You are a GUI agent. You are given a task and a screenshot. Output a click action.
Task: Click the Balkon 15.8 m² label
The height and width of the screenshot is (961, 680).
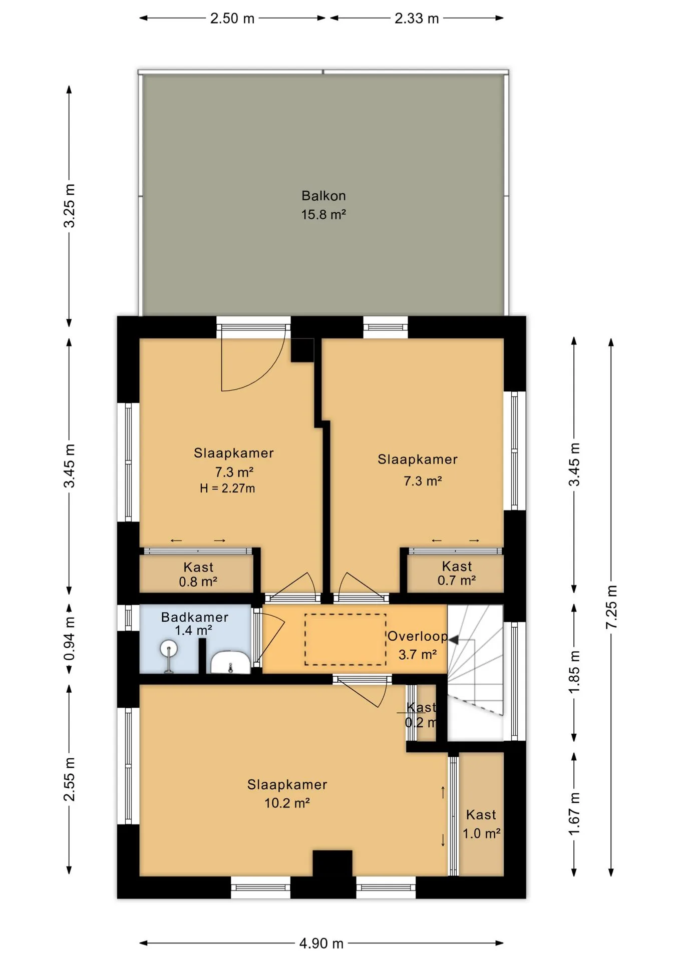(323, 205)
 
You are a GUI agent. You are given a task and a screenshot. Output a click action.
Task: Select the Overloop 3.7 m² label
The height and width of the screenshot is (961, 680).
(418, 645)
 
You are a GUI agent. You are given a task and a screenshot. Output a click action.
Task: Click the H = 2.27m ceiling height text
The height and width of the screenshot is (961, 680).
(227, 489)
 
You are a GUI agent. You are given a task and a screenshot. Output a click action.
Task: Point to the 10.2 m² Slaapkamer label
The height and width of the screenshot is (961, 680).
(287, 794)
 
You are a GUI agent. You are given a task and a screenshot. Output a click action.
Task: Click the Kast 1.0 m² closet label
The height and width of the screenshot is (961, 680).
(481, 824)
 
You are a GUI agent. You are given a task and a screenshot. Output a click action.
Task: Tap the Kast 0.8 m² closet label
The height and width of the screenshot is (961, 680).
(198, 575)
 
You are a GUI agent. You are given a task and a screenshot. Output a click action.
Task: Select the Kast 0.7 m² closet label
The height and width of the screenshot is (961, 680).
(457, 574)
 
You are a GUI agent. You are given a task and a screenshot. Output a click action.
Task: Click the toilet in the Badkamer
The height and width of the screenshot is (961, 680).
(230, 662)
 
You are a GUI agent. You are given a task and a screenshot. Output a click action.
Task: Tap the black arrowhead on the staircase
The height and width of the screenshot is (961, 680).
(453, 640)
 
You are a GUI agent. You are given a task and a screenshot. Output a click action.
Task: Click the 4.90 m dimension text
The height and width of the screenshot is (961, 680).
(321, 943)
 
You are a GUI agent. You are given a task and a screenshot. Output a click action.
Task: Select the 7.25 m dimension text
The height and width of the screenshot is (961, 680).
(611, 607)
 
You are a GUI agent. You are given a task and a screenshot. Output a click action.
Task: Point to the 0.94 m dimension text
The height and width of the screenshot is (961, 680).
(70, 639)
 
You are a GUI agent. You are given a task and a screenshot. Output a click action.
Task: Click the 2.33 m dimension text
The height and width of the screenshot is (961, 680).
(417, 19)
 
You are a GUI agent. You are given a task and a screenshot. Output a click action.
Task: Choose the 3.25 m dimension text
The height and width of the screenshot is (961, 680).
(70, 206)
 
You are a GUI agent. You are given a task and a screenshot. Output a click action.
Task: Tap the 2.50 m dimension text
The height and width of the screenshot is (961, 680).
(232, 19)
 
